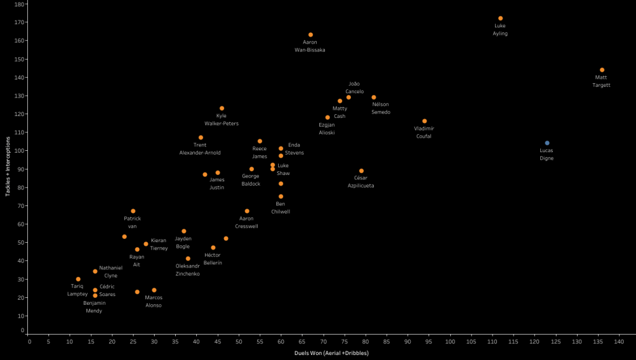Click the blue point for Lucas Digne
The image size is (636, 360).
547,143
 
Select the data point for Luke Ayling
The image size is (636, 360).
501,18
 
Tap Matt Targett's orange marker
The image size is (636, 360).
602,70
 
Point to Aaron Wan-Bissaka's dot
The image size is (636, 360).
311,35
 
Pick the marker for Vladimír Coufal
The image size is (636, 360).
425,121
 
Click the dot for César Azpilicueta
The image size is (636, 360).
361,171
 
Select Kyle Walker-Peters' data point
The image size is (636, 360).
222,108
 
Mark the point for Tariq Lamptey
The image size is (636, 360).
78,279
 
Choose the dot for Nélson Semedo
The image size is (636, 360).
374,97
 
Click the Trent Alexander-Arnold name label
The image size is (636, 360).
200,149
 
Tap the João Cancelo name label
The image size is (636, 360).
354,88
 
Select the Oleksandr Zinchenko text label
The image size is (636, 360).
188,270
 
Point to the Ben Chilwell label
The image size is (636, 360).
281,208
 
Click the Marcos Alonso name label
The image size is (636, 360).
153,301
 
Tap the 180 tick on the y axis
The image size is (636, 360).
19,4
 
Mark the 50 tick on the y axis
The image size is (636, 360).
21,242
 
